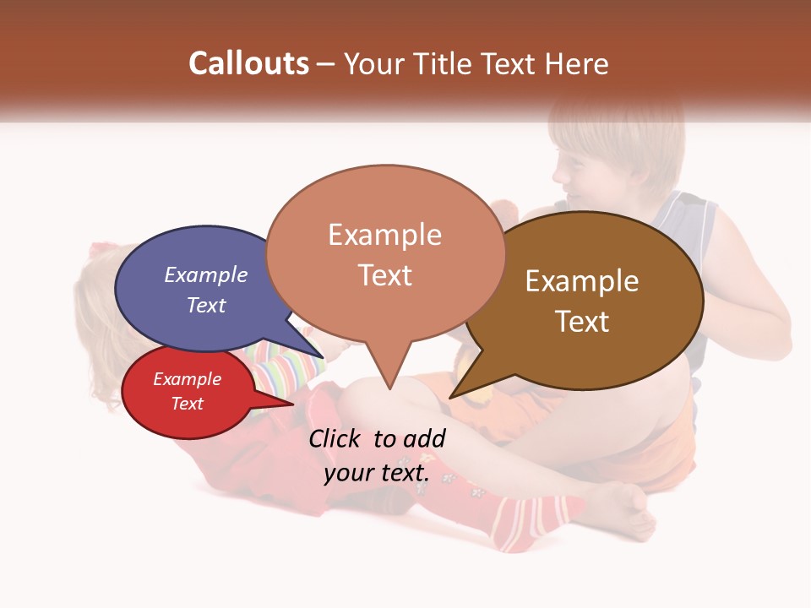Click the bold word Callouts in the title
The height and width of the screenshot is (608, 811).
click(248, 63)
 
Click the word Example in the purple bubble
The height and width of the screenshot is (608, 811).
click(206, 274)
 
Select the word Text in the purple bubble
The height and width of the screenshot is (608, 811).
click(206, 305)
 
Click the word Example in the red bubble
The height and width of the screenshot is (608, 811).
click(187, 379)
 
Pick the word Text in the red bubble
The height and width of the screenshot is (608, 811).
click(187, 403)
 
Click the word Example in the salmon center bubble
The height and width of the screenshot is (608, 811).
click(384, 235)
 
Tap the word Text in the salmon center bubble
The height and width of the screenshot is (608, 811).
click(384, 274)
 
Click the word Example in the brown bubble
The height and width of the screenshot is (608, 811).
click(582, 281)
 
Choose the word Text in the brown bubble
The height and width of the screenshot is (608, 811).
click(582, 321)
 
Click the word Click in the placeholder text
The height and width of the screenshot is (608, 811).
click(335, 438)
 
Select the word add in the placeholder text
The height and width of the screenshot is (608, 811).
click(424, 438)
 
